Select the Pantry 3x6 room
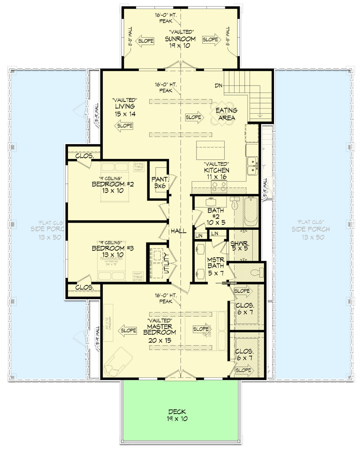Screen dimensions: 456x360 159,182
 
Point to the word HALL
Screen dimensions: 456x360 178,231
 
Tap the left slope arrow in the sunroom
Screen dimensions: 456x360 145,40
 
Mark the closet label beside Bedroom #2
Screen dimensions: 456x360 84,156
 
